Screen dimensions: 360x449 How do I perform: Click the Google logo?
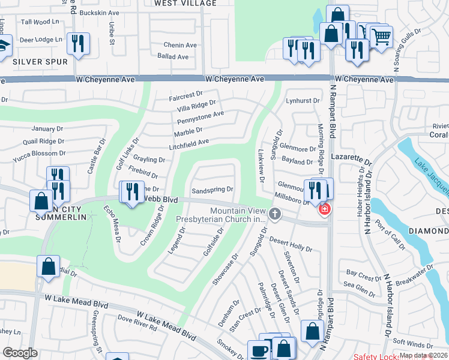20,353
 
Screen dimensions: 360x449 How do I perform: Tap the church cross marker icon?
275,214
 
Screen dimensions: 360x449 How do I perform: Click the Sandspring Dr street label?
212,190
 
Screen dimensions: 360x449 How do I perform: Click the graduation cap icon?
3,46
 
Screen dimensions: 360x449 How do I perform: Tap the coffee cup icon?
259,350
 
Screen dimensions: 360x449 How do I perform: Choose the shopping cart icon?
381,37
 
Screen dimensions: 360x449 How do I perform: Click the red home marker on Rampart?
325,209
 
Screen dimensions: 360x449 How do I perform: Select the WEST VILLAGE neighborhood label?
185,3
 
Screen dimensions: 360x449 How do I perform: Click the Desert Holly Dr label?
291,244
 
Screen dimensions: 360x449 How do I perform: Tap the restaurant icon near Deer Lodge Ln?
79,43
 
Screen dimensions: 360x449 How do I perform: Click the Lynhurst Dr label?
303,101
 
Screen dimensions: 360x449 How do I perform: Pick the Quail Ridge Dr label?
43,141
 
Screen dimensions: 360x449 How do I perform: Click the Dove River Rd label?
137,323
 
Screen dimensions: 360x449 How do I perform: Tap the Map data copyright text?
424,355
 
